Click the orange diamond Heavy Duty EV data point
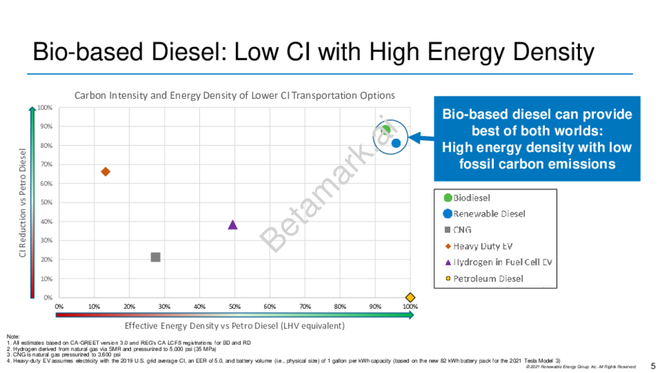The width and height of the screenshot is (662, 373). [x=105, y=172]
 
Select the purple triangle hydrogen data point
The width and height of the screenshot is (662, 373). [x=232, y=225]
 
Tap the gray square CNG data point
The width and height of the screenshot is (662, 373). [x=156, y=257]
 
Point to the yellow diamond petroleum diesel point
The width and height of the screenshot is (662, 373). [x=410, y=297]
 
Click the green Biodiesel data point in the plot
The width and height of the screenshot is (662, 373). [x=386, y=130]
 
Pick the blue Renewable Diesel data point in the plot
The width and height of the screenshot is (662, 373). [x=396, y=143]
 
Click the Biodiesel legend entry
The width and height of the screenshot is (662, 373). [x=471, y=197]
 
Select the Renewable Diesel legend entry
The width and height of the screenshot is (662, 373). [x=489, y=213]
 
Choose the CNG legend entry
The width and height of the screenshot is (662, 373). [x=462, y=230]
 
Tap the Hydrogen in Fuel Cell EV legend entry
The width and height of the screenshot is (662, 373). [x=502, y=262]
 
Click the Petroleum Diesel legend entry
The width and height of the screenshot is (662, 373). [x=488, y=278]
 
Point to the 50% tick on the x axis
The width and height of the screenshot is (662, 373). [x=234, y=307]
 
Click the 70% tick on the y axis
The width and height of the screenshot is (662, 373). [x=45, y=164]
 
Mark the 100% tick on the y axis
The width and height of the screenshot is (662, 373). [x=45, y=107]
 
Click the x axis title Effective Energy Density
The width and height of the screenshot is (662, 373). [x=234, y=326]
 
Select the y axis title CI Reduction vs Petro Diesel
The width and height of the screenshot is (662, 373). [x=22, y=203]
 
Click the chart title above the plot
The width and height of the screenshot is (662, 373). [x=234, y=95]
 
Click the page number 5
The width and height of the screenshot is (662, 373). [x=653, y=365]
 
